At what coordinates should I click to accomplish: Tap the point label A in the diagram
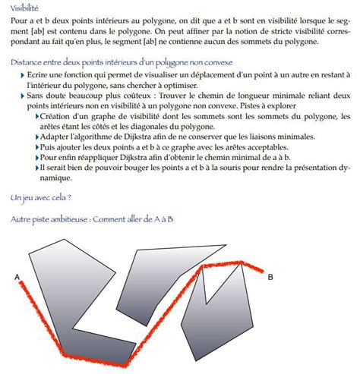coord(16,277)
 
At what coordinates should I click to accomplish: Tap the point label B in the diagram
coord(270,278)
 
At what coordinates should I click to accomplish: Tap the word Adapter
coord(52,138)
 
